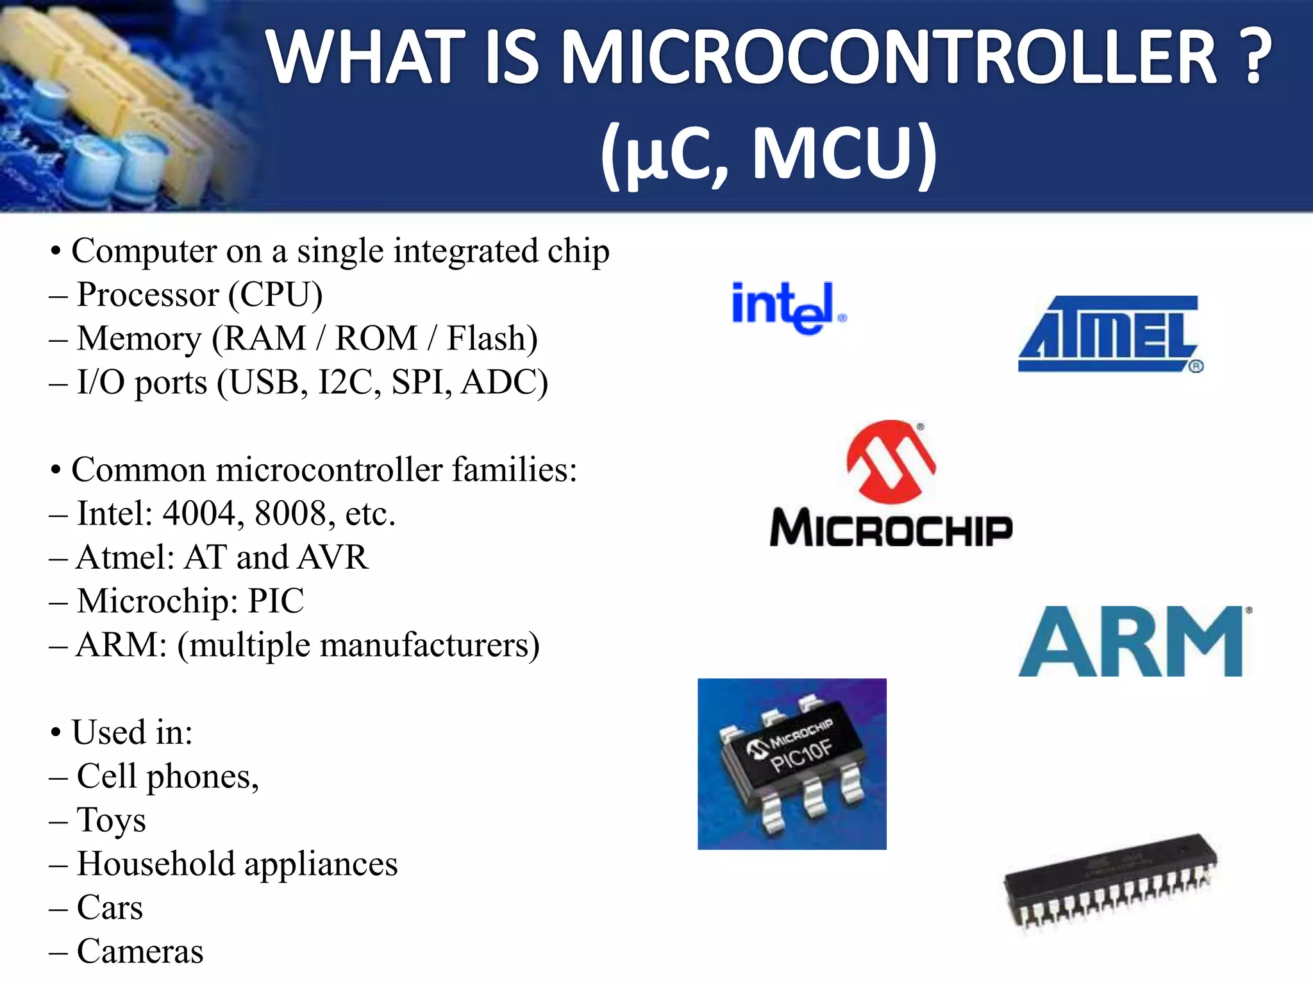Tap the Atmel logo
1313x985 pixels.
1110,333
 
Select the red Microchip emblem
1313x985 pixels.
891,461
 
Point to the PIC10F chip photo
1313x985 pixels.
792,764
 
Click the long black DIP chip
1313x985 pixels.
1110,882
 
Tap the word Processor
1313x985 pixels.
148,295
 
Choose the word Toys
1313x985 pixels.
111,820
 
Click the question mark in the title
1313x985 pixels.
1259,58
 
